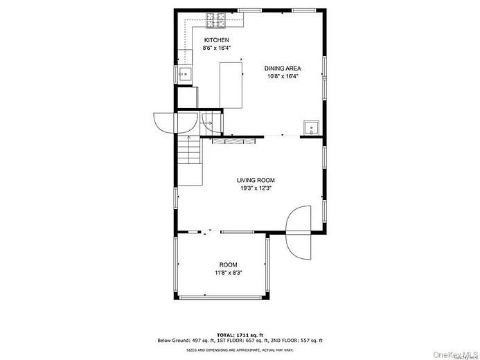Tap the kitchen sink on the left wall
coord(184,73)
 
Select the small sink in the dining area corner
coord(311,127)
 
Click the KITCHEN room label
coord(216,40)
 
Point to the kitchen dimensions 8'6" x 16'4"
coord(216,48)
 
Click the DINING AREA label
coord(283,68)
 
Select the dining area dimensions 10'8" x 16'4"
coord(283,76)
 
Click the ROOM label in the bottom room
coord(228,265)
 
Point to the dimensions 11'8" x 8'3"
coord(228,273)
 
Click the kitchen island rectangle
coord(231,85)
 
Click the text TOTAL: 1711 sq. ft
coord(239,335)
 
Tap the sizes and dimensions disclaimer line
coord(239,350)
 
